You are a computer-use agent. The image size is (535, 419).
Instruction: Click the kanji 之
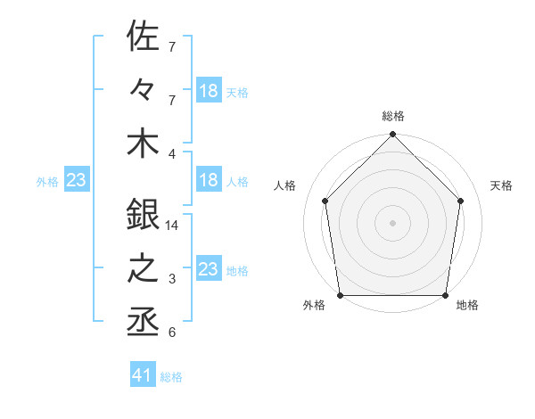point(143,268)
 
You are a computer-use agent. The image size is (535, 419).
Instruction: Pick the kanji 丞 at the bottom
point(143,321)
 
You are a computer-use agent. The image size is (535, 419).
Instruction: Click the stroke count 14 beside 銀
point(173,226)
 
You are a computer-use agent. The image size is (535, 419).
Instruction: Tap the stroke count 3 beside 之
point(172,279)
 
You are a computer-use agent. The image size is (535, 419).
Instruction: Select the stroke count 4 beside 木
point(172,152)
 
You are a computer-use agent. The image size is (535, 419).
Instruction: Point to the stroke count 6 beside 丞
point(172,333)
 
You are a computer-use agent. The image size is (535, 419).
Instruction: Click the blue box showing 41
point(143,375)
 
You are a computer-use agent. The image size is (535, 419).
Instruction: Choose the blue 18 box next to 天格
point(209,91)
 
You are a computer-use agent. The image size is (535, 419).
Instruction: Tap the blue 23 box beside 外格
point(76,180)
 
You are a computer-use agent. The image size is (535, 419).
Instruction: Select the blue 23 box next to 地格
point(209,269)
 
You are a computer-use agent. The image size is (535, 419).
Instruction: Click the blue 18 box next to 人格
point(209,180)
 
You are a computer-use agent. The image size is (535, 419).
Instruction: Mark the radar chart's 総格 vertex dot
point(392,136)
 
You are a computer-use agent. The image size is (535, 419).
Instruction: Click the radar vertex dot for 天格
point(461,201)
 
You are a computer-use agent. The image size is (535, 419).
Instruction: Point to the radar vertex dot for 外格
point(340,295)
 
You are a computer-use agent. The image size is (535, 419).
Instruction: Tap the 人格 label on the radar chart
point(285,185)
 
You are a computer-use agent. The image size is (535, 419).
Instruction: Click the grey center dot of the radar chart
point(392,222)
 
